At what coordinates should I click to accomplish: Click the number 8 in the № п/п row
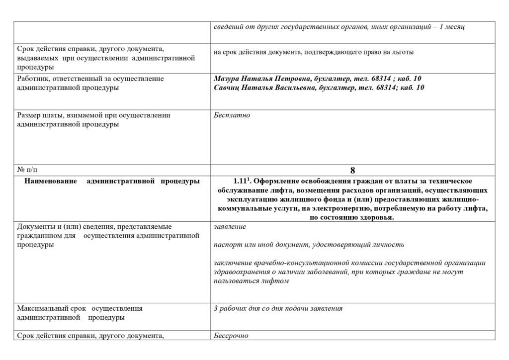click(x=352, y=170)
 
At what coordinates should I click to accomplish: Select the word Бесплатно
click(x=232, y=115)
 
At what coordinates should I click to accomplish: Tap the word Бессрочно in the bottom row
click(x=231, y=336)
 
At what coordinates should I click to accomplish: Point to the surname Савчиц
click(x=227, y=88)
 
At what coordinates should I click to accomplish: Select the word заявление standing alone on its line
click(x=229, y=227)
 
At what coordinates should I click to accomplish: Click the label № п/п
click(x=27, y=170)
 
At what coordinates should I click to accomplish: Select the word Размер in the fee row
click(x=29, y=115)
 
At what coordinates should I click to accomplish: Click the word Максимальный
click(x=42, y=308)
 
